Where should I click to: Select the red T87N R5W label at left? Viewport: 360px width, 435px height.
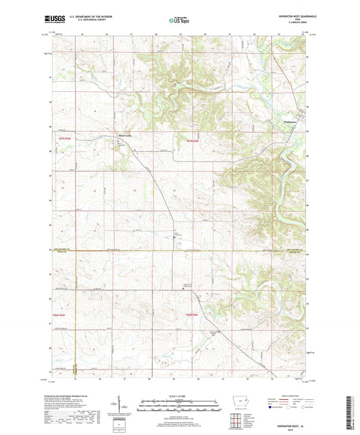[64, 138]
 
